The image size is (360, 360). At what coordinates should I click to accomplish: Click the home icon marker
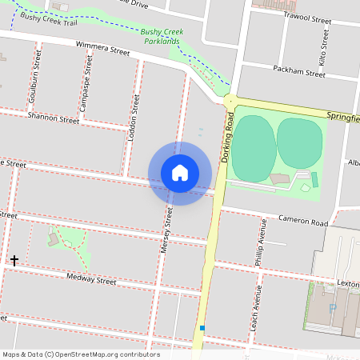(180, 173)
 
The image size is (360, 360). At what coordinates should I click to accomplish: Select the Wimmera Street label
(102, 50)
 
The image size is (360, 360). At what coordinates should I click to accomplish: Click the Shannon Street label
(53, 119)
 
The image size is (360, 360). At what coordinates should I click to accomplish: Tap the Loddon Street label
(134, 121)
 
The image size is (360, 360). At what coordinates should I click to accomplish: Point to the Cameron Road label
(303, 220)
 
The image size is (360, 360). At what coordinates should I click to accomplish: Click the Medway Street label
(91, 280)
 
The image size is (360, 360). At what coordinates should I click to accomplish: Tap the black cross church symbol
(14, 261)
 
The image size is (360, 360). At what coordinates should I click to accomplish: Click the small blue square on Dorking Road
(203, 328)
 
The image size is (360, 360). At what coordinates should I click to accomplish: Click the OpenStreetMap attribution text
(81, 354)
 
